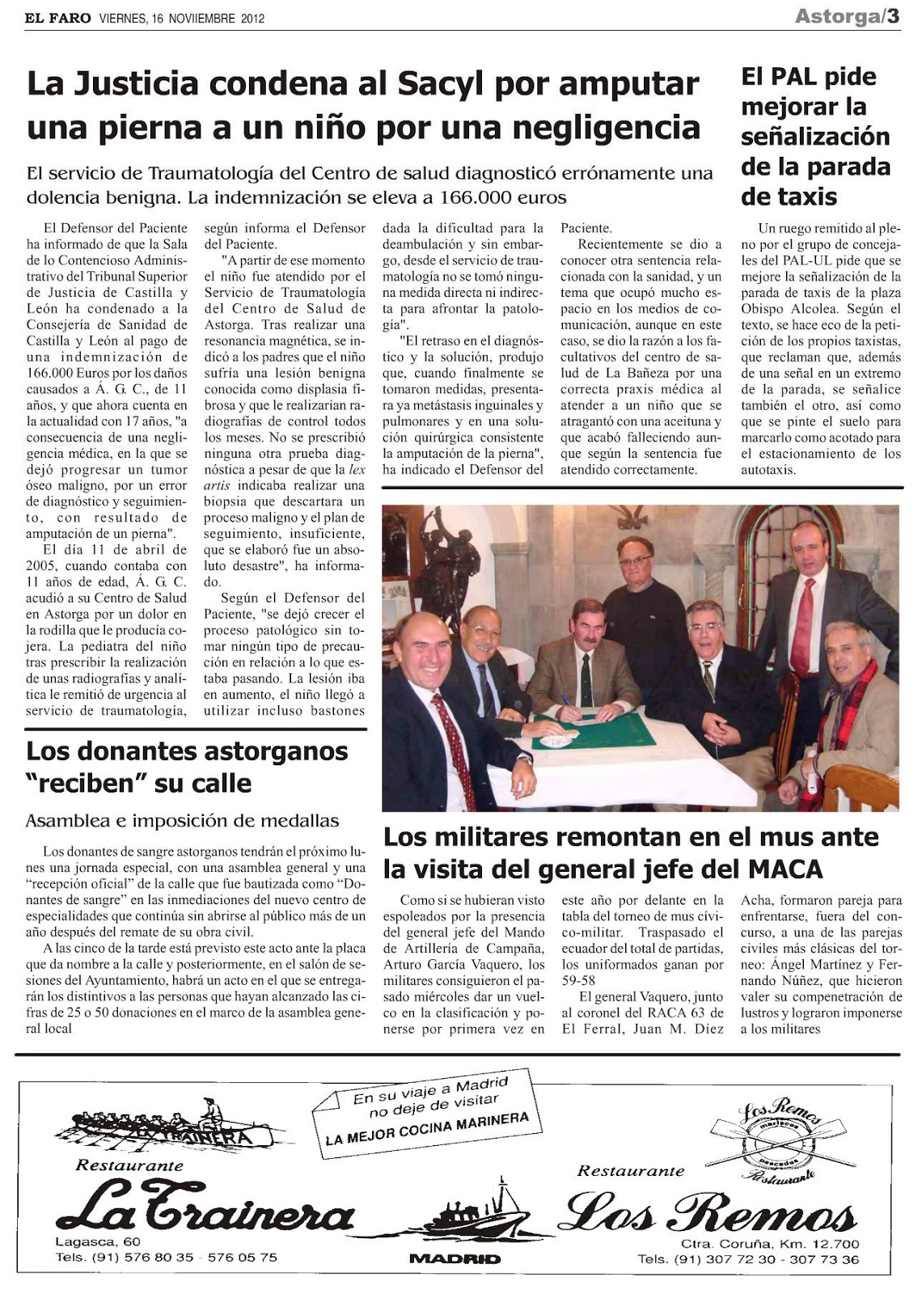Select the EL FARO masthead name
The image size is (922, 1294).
58,18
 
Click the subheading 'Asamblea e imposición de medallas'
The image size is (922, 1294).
182,820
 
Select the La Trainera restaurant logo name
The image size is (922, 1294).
205,1213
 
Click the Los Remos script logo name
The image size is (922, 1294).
711,1214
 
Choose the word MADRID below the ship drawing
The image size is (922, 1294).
455,1258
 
